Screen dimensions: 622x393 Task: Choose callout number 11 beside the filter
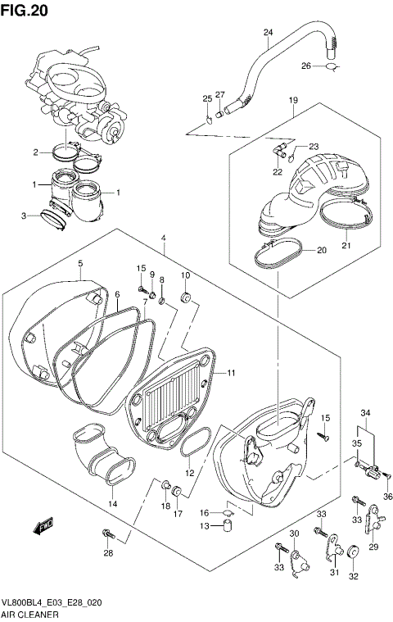[232, 373]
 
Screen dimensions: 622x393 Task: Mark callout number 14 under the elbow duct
[113, 503]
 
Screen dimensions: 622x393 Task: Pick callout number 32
[355, 577]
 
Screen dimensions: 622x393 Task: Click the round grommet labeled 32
[355, 553]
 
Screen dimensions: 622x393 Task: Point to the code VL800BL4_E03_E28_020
[52, 600]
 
